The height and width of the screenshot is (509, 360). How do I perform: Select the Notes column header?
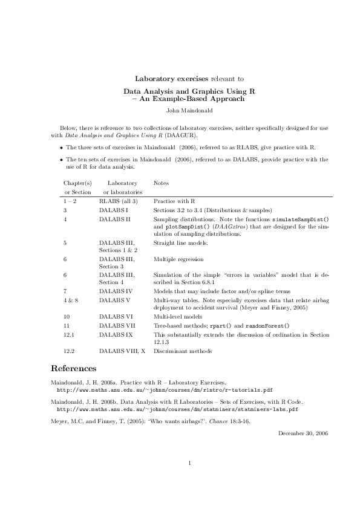(x=161, y=183)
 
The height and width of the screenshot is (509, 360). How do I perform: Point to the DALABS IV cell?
(x=116, y=291)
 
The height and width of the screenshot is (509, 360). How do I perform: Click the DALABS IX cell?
(x=116, y=334)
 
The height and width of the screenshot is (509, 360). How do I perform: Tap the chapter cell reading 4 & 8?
(x=71, y=299)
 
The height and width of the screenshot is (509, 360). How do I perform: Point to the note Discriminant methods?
(x=183, y=351)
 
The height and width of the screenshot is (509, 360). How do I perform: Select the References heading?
(x=73, y=368)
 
